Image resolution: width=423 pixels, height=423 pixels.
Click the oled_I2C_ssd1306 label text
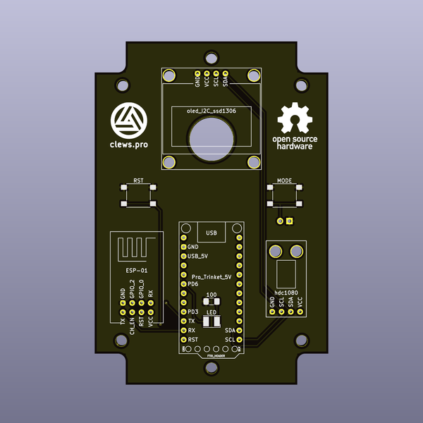coord(211,111)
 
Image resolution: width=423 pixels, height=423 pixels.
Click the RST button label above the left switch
coord(139,181)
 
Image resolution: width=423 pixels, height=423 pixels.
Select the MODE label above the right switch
coord(285,181)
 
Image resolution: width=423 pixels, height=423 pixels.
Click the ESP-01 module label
coord(136,271)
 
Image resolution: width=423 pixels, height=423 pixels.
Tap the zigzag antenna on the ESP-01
coord(135,249)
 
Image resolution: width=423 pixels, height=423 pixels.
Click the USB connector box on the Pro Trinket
coord(211,232)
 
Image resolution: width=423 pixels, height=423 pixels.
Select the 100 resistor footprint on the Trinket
coord(211,302)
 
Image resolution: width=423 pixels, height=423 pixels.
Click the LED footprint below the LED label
coord(211,321)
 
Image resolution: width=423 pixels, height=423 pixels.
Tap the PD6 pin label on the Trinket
coord(192,283)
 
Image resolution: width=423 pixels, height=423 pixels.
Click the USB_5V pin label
coord(197,257)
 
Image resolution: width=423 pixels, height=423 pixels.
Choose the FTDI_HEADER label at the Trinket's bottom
coord(211,356)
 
